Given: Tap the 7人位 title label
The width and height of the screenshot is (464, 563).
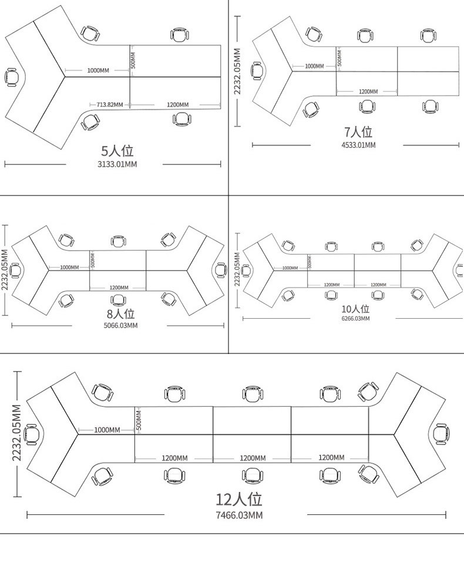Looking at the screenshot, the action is (x=358, y=133).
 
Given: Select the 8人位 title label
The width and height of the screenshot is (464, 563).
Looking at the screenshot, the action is (x=120, y=314).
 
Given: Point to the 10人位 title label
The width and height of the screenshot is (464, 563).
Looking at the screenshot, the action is (x=355, y=309).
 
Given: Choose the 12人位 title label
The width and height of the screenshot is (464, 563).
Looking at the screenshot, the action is (x=238, y=500).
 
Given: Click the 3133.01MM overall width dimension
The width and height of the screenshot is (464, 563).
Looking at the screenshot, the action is (x=117, y=164).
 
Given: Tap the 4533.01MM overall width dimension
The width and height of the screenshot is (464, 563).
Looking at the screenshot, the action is (x=358, y=144).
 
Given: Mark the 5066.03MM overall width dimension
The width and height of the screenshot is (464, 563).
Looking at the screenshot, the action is (x=120, y=325).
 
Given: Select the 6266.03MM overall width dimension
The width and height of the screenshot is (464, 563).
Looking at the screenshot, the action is (x=355, y=318).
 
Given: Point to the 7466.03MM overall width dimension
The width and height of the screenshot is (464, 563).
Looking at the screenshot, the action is (x=238, y=515).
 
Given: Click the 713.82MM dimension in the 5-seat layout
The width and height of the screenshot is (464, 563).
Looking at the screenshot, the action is (x=110, y=104).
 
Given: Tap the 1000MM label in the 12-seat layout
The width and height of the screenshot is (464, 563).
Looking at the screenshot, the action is (x=107, y=430).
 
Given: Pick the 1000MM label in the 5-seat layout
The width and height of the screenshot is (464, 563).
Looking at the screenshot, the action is (x=98, y=70).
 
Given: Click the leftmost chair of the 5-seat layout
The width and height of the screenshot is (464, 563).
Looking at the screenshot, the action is (x=12, y=77).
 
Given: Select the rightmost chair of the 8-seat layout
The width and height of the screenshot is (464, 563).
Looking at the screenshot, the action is (x=220, y=270).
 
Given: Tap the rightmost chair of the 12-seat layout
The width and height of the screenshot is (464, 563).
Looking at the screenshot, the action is (x=441, y=433).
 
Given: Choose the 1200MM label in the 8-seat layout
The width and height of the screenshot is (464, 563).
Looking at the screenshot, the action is (x=118, y=288).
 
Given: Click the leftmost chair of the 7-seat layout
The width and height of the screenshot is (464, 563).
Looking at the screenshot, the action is (x=257, y=70).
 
